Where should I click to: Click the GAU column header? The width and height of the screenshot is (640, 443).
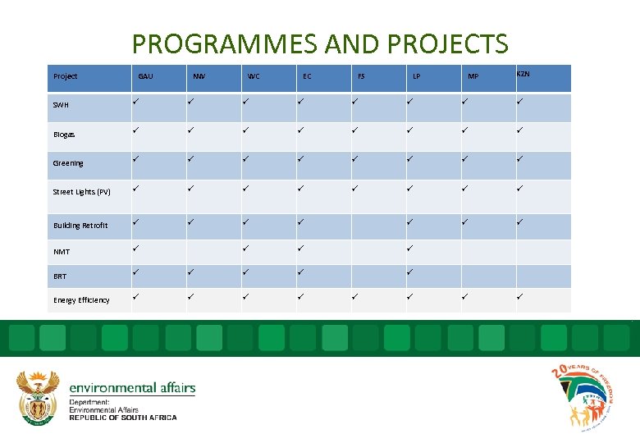coord(145,76)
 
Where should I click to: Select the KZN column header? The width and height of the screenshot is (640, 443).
coord(523,74)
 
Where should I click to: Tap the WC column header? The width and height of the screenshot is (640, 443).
coord(254,76)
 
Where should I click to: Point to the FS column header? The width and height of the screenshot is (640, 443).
coord(361,76)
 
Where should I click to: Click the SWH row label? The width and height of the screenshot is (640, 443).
coord(61,105)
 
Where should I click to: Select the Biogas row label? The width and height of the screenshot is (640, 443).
coord(64,135)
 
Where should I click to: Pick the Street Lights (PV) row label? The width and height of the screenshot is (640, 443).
coord(81,192)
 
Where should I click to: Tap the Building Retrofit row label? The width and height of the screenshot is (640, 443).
coord(80,225)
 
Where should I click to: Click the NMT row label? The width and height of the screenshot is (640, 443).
coord(62,252)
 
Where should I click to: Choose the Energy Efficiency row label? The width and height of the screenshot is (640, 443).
coord(81,299)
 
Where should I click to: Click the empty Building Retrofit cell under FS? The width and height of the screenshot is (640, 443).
coord(378,226)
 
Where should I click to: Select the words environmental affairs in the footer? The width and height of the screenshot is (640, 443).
coord(131,387)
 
